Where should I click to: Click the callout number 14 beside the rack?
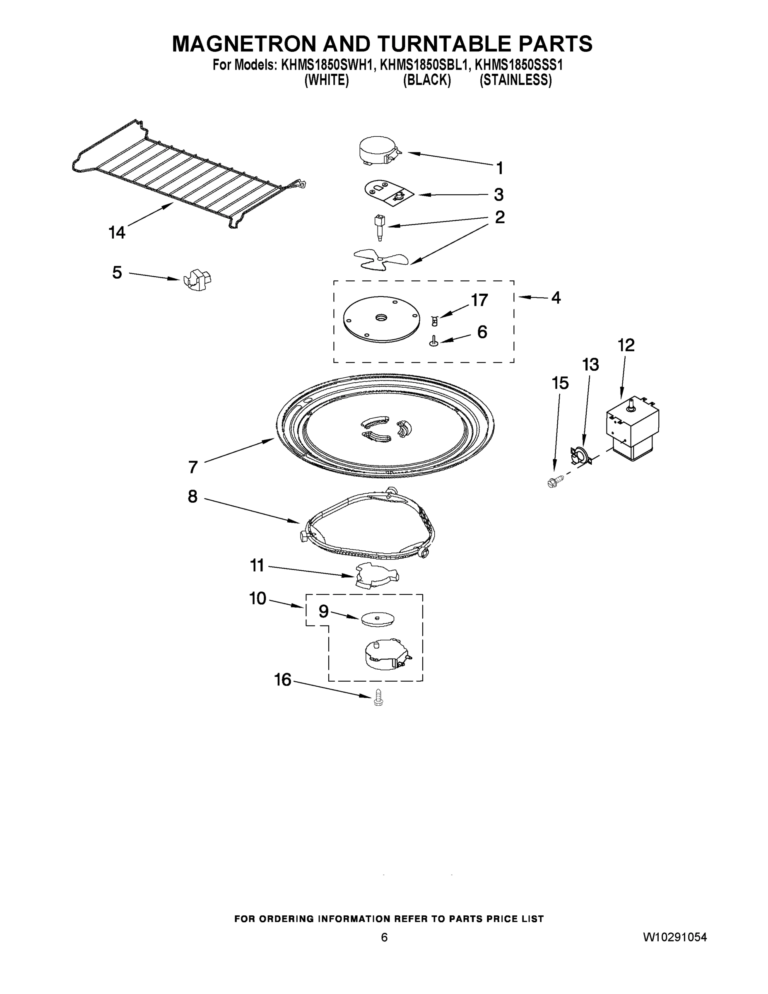tap(116, 233)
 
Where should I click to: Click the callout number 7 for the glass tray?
tap(193, 466)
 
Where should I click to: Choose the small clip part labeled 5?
tap(198, 279)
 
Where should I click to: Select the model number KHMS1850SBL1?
tap(423, 65)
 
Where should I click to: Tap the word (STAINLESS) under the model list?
tap(515, 80)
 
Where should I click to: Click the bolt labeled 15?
tap(556, 480)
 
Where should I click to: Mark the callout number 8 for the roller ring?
tap(193, 496)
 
